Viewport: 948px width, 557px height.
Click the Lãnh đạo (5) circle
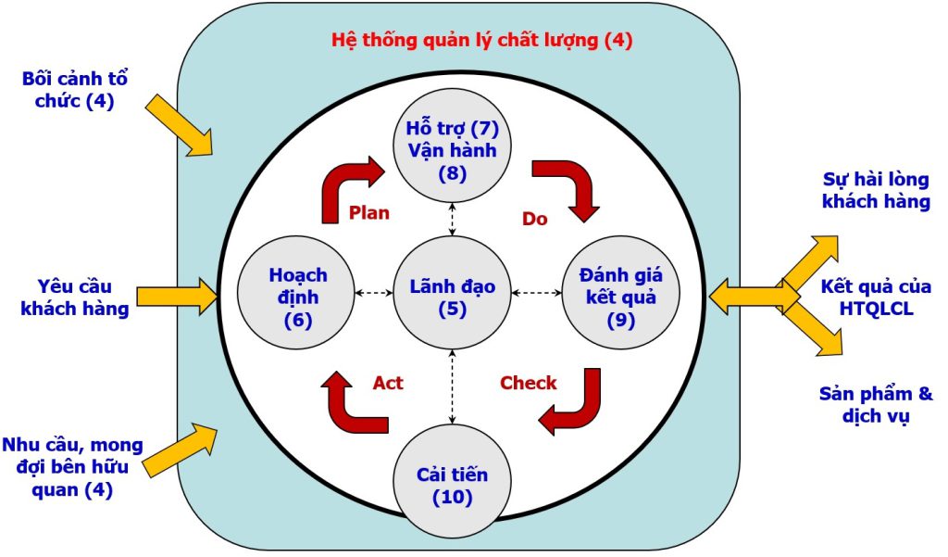(452, 296)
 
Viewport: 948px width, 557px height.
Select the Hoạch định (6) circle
(297, 296)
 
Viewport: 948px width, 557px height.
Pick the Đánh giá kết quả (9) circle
(614, 296)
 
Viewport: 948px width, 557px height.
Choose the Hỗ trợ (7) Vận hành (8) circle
(453, 148)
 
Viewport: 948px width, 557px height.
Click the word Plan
(368, 212)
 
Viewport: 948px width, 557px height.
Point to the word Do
(534, 220)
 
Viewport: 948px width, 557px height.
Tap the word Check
(528, 383)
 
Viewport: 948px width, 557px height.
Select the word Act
(388, 383)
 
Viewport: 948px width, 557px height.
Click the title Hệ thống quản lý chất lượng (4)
(482, 41)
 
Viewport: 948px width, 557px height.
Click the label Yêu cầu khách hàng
(75, 297)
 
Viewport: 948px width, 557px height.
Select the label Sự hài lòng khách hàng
(875, 190)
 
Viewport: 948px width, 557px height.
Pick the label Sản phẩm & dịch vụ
(875, 405)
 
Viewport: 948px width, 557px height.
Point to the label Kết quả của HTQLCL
(875, 297)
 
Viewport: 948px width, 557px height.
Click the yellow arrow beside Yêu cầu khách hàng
(176, 297)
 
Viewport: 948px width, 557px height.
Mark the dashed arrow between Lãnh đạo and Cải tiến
(453, 386)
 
